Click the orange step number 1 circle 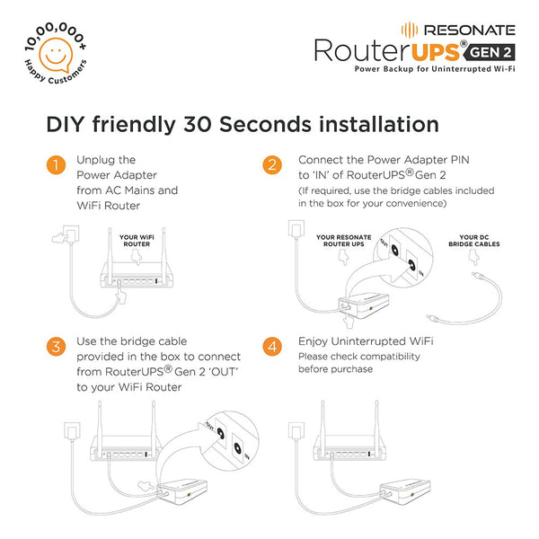(x=57, y=165)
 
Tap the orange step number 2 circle (x=270, y=165)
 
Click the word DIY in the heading (x=66, y=123)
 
